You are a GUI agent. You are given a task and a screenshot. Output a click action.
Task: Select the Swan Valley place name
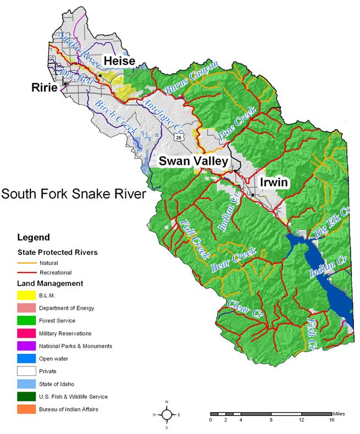tap(193, 161)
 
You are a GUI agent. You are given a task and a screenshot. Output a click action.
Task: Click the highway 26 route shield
tap(179, 138)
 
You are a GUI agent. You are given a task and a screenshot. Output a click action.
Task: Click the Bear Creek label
tap(234, 261)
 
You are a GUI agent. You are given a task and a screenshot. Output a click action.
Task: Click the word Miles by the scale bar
tap(340, 413)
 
